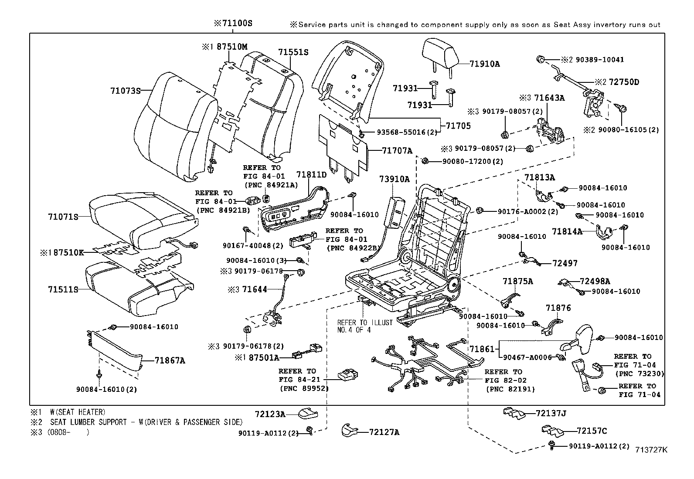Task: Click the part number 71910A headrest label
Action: click(485, 64)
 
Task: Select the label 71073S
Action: click(126, 91)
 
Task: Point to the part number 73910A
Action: click(394, 179)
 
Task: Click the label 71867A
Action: click(170, 360)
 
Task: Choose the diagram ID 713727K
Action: click(651, 450)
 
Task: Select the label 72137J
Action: click(551, 413)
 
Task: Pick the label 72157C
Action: click(592, 431)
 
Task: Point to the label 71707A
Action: click(397, 151)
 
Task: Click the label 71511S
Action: click(63, 289)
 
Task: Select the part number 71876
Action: click(558, 308)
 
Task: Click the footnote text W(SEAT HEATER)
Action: click(78, 412)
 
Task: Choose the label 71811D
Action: click(311, 175)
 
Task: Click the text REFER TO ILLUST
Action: click(365, 323)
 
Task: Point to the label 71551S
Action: click(293, 52)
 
